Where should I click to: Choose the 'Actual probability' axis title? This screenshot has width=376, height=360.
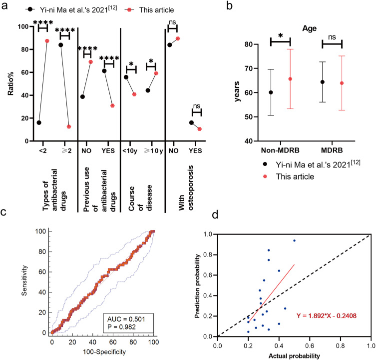294,355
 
